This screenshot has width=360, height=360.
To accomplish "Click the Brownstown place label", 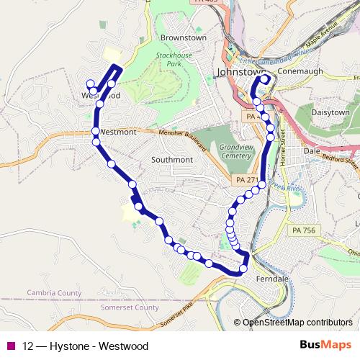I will [179, 37].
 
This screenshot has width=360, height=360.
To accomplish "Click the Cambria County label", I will [54, 293].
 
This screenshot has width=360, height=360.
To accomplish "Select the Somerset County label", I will [131, 307].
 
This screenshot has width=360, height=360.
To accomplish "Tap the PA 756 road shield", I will [304, 230].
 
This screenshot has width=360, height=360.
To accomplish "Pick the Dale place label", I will [312, 151].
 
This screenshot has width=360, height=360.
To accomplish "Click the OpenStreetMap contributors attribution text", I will [297, 323].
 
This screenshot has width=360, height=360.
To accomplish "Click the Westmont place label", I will [117, 132].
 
